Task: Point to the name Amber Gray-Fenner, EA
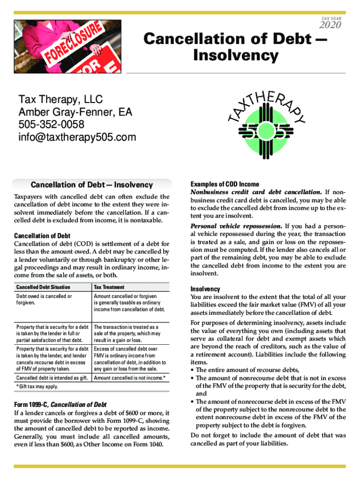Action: pos(75,112)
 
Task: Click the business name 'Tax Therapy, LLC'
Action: pos(60,100)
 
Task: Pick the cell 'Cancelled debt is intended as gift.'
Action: pos(52,377)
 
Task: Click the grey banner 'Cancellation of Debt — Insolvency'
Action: pos(92,185)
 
